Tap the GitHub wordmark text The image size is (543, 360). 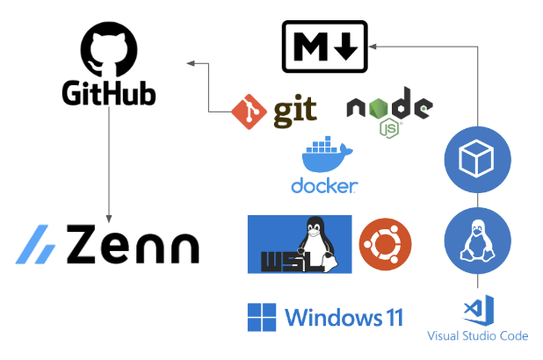[109, 93]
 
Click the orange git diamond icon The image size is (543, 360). [249, 111]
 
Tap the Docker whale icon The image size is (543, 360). [325, 159]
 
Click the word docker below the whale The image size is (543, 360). [324, 186]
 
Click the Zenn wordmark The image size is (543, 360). [132, 245]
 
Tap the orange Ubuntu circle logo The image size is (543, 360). [385, 244]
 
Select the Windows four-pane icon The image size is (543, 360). [262, 316]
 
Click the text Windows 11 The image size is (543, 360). [344, 316]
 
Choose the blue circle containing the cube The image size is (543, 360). [477, 160]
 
